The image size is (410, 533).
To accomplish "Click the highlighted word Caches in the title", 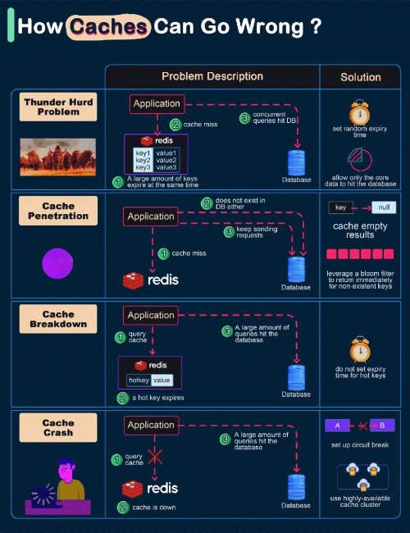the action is [108, 27].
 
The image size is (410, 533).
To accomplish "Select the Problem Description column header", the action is [212, 76].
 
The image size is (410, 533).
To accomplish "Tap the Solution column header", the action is [361, 77].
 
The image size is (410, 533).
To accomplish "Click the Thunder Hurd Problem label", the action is [58, 107].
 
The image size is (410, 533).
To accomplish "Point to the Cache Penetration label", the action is [58, 211].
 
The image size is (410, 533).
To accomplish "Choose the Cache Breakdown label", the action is [58, 319].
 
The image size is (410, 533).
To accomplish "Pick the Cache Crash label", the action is [58, 427].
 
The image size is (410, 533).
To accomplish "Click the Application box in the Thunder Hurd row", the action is [157, 103].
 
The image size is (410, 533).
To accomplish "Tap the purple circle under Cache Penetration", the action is [57, 263].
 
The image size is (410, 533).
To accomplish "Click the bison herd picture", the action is [57, 157].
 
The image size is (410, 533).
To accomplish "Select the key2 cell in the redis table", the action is [143, 160].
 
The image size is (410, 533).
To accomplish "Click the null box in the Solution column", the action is [384, 207].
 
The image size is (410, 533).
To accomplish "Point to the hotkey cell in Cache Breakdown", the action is [139, 380].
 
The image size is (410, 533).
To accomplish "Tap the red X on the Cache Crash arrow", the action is [155, 456].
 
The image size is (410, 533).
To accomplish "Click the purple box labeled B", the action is [382, 426].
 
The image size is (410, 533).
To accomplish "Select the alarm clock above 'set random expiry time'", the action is [360, 112].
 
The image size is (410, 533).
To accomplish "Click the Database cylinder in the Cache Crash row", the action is [297, 487].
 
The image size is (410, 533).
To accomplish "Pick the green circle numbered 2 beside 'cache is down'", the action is [123, 507].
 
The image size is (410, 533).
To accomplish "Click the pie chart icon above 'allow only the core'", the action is [360, 159].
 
